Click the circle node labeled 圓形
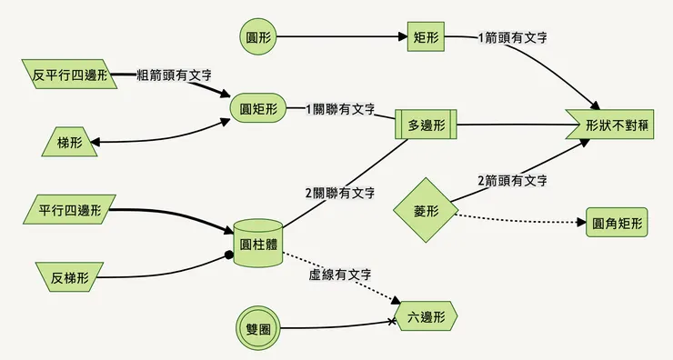(257, 38)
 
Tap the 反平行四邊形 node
(69, 75)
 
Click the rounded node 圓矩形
(257, 108)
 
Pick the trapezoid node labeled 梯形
(69, 142)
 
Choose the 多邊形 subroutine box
(426, 125)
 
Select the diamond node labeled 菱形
(426, 211)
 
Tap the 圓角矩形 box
(617, 223)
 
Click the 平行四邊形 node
(69, 211)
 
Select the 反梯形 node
(69, 275)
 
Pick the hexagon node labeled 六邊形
(426, 317)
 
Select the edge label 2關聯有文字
(340, 193)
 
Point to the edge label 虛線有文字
(339, 274)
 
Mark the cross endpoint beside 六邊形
(393, 322)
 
